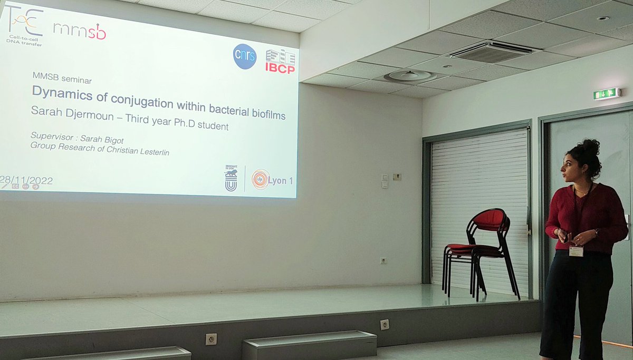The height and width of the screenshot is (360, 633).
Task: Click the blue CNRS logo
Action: tap(245, 56)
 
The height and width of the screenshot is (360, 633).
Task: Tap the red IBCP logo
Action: tap(280, 61)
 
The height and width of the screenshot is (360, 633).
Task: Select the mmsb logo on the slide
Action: tap(80, 31)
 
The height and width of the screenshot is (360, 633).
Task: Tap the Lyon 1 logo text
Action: tap(281, 180)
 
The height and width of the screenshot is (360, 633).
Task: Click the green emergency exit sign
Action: tap(607, 94)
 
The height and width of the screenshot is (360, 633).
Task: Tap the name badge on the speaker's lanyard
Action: tap(576, 251)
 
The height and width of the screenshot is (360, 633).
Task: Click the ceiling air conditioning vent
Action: tap(491, 51)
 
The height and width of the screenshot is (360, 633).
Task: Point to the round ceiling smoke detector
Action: tap(410, 76)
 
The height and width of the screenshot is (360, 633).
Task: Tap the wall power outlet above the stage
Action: tap(383, 261)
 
